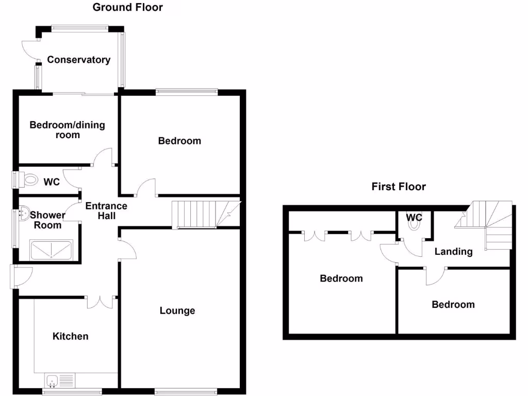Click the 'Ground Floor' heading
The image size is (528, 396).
tap(127, 7)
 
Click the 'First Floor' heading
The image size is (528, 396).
tap(399, 187)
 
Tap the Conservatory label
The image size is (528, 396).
tap(79, 60)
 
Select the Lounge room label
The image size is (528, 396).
tap(177, 310)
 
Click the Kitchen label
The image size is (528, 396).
tap(71, 336)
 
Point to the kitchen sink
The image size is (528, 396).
tap(53, 381)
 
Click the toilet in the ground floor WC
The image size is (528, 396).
tap(29, 180)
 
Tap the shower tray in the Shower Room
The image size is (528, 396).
tap(52, 250)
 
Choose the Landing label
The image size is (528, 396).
tap(453, 252)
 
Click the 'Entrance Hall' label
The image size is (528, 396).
tap(106, 210)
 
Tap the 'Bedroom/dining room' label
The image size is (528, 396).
tap(67, 129)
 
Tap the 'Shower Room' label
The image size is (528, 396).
tap(47, 220)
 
